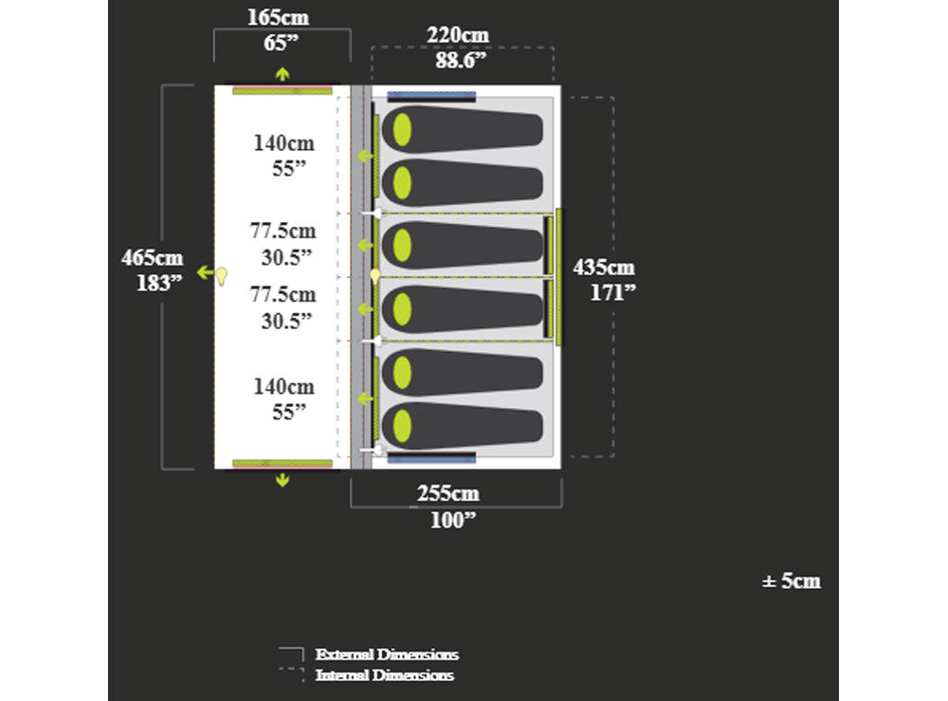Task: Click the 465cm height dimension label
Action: coord(152,258)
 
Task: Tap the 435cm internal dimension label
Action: coord(603,267)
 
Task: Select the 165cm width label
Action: coord(278,17)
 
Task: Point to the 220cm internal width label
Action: coord(458,35)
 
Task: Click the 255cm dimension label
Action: coord(448,493)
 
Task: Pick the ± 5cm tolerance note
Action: coord(792,581)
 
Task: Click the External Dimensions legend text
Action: coord(387,655)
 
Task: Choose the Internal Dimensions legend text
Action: coord(385,675)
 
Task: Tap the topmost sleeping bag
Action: coord(463,129)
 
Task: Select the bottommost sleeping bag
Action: coord(463,426)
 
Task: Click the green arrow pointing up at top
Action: coord(283,74)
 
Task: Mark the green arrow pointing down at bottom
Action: coord(283,480)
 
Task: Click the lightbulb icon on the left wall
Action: coord(222,276)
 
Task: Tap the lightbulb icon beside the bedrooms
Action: coord(375,276)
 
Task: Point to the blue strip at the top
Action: coord(431,96)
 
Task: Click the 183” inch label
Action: coord(159,283)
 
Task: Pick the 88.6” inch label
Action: coord(461,61)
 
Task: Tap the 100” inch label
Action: coord(453,520)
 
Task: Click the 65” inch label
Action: coord(282,43)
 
